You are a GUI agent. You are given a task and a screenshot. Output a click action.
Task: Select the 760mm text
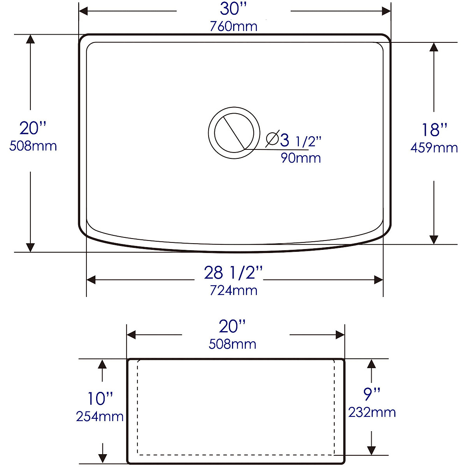[x=233, y=26]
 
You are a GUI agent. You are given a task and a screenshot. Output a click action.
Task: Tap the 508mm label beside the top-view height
[x=33, y=146]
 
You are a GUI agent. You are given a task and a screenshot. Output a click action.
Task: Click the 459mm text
[x=434, y=148]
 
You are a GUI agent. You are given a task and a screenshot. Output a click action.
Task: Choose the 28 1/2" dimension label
[x=233, y=273]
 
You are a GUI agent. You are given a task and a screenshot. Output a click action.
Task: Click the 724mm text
[x=233, y=290]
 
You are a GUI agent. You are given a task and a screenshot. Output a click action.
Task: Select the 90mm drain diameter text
[x=301, y=158]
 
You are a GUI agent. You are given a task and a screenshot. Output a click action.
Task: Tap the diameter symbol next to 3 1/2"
[x=272, y=139]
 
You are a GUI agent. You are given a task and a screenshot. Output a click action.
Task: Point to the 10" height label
[x=100, y=399]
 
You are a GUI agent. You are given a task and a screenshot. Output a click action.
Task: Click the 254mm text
[x=100, y=416]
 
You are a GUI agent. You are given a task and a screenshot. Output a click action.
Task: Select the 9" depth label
[x=372, y=395]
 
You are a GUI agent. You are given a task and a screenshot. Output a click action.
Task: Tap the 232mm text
[x=372, y=413]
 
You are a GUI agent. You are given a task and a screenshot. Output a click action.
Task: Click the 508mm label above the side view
[x=232, y=344]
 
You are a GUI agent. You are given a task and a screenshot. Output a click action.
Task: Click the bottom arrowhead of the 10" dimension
[x=102, y=459]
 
